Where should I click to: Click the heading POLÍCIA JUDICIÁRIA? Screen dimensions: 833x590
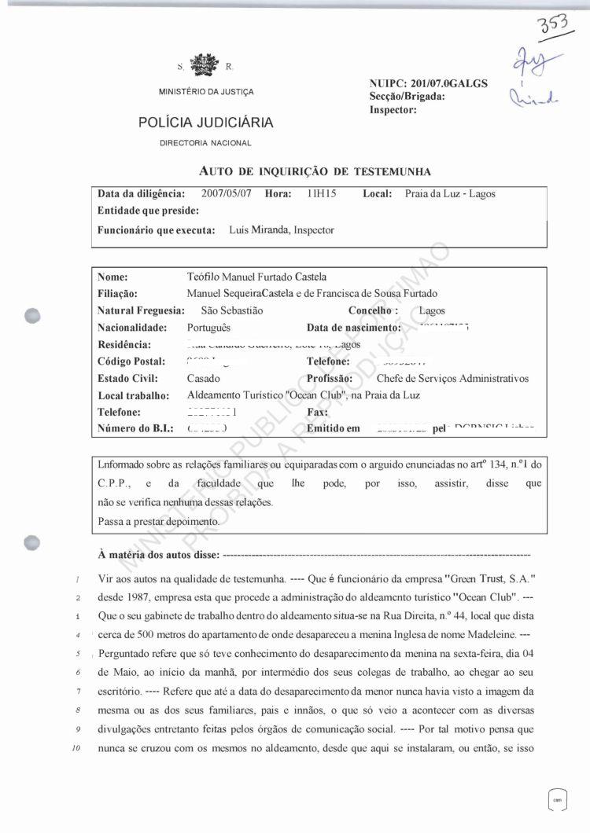coord(206,123)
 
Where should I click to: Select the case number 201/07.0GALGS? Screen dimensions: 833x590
coord(448,83)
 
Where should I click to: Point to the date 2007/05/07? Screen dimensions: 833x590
coord(227,193)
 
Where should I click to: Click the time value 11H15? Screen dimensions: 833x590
coord(322,193)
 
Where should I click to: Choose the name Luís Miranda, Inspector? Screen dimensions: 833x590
coord(281,230)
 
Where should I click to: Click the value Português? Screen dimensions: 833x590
coord(209,328)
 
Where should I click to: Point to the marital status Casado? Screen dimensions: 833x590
coord(204,378)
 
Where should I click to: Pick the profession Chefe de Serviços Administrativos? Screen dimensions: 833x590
coord(453,378)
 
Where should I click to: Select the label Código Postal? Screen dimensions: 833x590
coord(131,361)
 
